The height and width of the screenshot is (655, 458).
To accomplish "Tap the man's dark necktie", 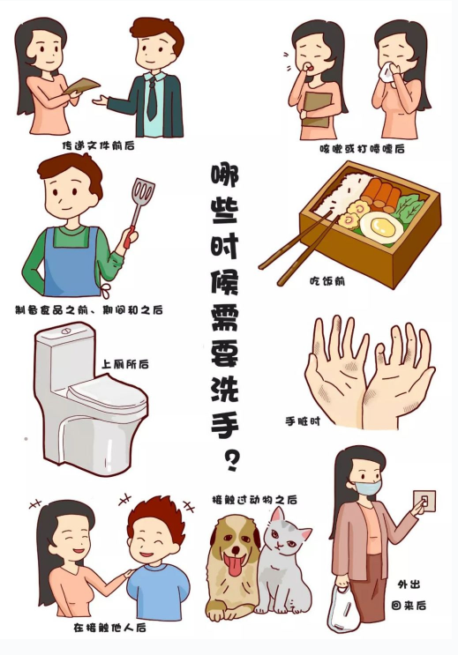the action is click(153, 99).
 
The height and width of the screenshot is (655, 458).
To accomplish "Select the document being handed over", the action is click(81, 86).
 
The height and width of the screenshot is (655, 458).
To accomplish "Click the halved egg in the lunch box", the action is click(381, 227).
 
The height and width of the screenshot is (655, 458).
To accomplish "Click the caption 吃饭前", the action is click(327, 281).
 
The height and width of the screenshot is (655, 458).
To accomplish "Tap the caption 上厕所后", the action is click(125, 364).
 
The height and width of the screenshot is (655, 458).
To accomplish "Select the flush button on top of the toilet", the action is click(66, 331).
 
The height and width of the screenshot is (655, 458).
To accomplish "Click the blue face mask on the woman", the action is click(367, 488).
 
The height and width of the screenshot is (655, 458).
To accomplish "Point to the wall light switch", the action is click(424, 502).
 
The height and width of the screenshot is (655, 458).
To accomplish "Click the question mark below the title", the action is click(231, 461).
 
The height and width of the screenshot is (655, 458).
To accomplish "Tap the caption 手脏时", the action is click(303, 421).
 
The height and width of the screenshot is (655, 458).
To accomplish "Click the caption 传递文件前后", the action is click(98, 145).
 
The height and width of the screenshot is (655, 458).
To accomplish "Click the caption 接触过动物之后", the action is click(255, 500).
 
